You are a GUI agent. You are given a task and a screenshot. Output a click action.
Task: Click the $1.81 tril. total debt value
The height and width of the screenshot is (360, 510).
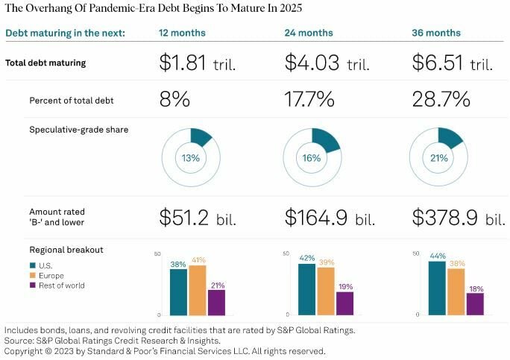click(x=197, y=63)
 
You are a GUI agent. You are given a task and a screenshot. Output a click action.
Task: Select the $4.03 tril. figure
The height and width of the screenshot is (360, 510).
click(x=324, y=63)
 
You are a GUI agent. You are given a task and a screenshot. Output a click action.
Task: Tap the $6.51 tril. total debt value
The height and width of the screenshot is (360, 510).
click(x=452, y=63)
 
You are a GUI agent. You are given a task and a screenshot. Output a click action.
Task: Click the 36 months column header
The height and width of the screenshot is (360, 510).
click(x=436, y=33)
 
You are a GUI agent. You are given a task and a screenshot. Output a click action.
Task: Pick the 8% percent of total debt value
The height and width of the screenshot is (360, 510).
click(x=176, y=99)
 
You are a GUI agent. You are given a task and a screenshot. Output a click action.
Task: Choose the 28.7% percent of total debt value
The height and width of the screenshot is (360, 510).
click(x=441, y=99)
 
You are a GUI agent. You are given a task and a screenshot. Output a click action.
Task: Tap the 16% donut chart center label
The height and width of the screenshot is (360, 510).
click(x=312, y=157)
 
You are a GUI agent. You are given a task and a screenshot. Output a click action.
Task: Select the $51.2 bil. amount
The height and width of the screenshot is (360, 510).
click(x=197, y=217)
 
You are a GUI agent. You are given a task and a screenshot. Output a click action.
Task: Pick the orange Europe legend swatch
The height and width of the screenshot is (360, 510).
click(x=33, y=274)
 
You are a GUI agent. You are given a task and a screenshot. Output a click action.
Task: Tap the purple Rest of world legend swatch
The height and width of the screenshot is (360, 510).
click(x=33, y=285)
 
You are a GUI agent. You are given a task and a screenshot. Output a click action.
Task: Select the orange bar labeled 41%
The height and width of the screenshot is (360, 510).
click(x=198, y=290)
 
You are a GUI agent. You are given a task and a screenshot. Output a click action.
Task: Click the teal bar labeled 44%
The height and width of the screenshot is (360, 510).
click(x=437, y=288)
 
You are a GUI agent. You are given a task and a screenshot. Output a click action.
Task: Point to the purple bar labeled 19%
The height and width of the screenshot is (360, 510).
click(x=344, y=303)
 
